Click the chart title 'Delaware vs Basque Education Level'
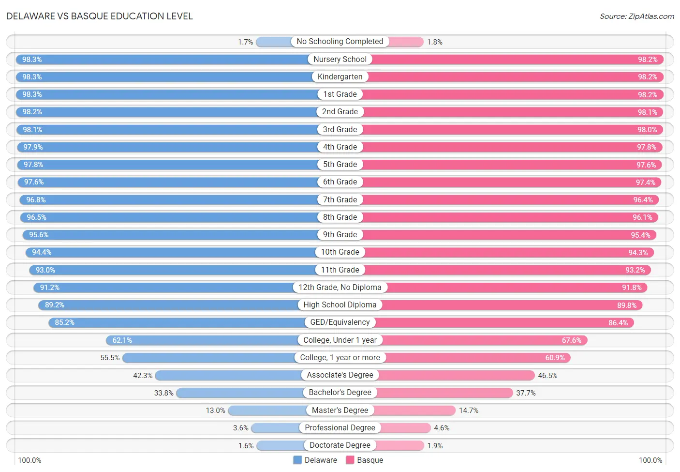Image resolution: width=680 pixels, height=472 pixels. (x=99, y=16)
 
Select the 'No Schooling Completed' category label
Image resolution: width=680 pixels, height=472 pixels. (x=340, y=41)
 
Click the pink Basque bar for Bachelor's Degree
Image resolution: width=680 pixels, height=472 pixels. (x=445, y=393)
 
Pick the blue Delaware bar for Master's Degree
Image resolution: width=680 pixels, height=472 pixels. (x=267, y=411)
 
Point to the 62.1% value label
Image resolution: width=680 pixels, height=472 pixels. (x=122, y=340)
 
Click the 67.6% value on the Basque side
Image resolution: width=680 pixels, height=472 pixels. (x=571, y=340)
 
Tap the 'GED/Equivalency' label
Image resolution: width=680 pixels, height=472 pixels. (x=340, y=322)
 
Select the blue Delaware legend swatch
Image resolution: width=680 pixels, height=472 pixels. (x=297, y=460)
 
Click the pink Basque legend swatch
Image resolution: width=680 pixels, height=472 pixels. (x=350, y=460)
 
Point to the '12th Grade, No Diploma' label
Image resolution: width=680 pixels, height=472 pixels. (x=340, y=287)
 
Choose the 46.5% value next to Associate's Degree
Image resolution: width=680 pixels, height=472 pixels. (x=547, y=375)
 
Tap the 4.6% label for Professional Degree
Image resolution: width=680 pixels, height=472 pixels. (x=442, y=428)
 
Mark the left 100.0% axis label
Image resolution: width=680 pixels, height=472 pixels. (x=30, y=460)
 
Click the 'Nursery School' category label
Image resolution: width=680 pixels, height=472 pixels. (x=340, y=59)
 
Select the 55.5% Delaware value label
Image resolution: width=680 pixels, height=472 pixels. (x=110, y=358)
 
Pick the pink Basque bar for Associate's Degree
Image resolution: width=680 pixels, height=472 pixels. (x=456, y=375)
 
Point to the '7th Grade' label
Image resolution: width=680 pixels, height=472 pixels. (x=340, y=199)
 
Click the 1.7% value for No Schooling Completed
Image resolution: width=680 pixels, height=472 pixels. (x=245, y=42)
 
